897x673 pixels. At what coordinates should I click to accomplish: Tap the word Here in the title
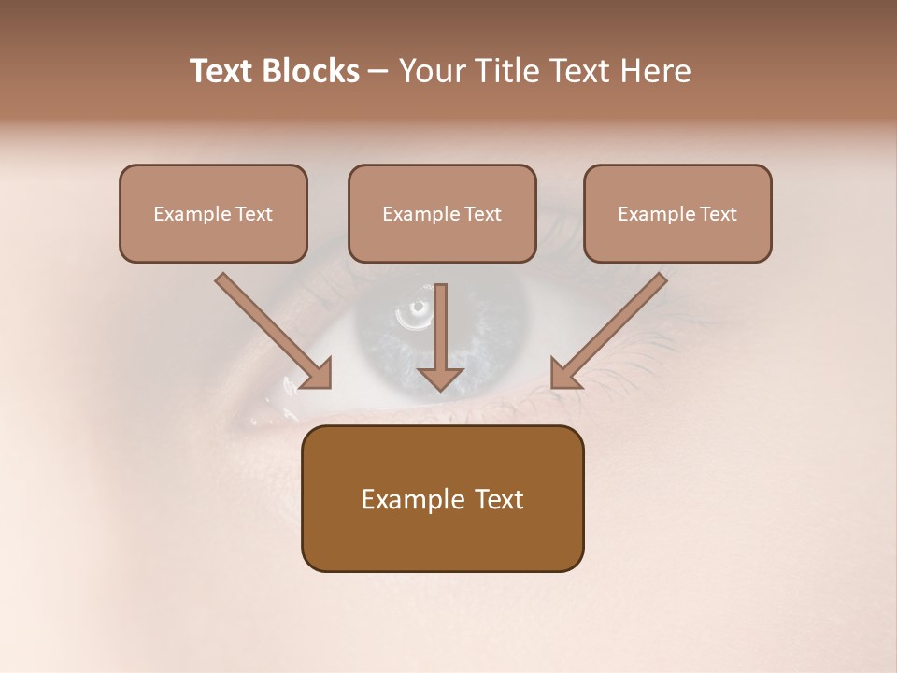(653, 71)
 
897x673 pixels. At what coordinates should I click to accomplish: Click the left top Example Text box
(213, 214)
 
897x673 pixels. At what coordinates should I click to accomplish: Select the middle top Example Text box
(442, 214)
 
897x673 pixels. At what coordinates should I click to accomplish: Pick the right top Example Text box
(677, 214)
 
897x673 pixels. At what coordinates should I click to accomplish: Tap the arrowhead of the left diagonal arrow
(317, 374)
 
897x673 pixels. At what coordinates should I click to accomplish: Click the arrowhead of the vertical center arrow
(440, 378)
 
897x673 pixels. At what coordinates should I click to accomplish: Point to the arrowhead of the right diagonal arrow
(564, 373)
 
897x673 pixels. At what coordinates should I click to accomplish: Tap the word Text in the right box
(718, 214)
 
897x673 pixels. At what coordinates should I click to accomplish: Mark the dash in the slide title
(378, 72)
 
